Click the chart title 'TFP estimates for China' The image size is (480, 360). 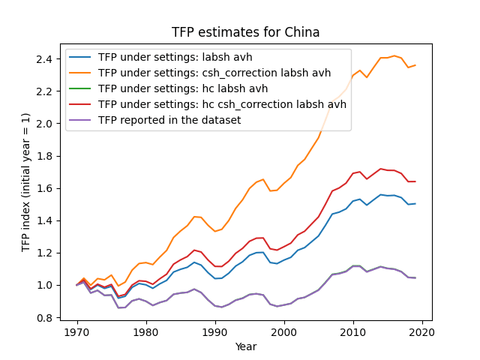pos(245,32)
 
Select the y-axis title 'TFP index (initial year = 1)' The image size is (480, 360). pos(25,182)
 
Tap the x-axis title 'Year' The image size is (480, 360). pos(246,346)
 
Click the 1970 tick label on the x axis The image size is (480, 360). pos(77,332)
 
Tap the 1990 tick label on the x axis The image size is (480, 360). pos(215,332)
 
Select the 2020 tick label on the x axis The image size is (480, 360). pos(423,332)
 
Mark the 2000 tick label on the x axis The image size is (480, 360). pos(285,332)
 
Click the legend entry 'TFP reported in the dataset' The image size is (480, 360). pos(169,120)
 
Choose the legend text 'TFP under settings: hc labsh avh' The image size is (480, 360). pos(183,88)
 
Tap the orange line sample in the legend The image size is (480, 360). pos(80,73)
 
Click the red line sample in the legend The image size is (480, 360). pos(80,104)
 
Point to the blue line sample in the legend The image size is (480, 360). pos(80,57)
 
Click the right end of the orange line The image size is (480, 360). pos(415,65)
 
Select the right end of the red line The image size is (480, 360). pos(415,181)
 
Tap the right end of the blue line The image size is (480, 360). pos(415,203)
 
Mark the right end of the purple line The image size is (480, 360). pos(415,278)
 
